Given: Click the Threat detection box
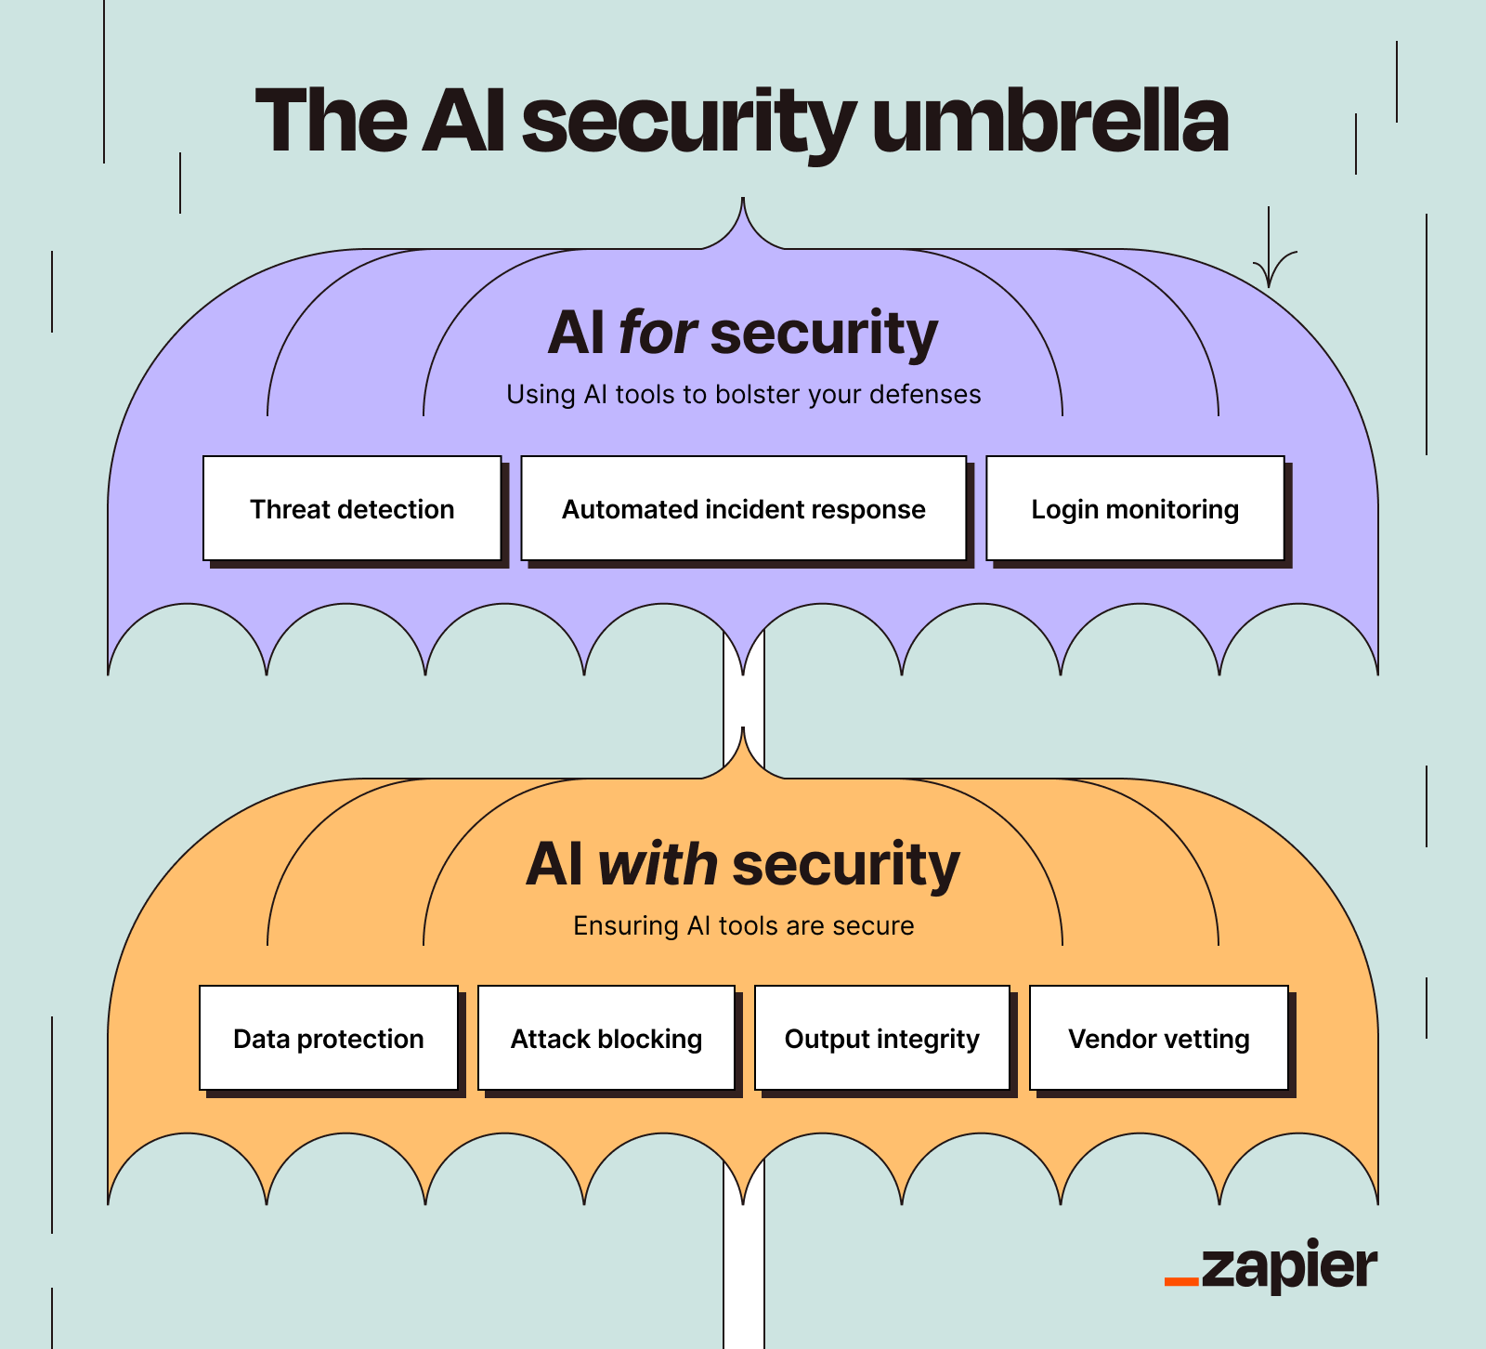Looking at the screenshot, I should tap(352, 508).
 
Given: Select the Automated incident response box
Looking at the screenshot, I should tap(743, 508).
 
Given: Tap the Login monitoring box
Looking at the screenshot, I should tap(1135, 508).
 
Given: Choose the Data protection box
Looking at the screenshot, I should tap(329, 1038).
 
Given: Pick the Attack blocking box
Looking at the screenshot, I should tap(606, 1038).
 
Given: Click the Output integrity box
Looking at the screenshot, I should tap(881, 1038).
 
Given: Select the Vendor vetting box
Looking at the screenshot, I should tap(1158, 1038).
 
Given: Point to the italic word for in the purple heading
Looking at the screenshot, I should tap(658, 333).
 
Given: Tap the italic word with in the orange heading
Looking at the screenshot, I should tap(658, 864).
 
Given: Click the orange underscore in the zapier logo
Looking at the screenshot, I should tap(1181, 1282).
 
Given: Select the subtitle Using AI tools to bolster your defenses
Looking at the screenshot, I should tap(743, 394).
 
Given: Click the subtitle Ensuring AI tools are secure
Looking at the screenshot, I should tap(743, 925).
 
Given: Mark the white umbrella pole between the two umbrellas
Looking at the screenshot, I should tap(744, 706).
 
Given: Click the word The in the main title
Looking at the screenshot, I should tap(331, 121).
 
